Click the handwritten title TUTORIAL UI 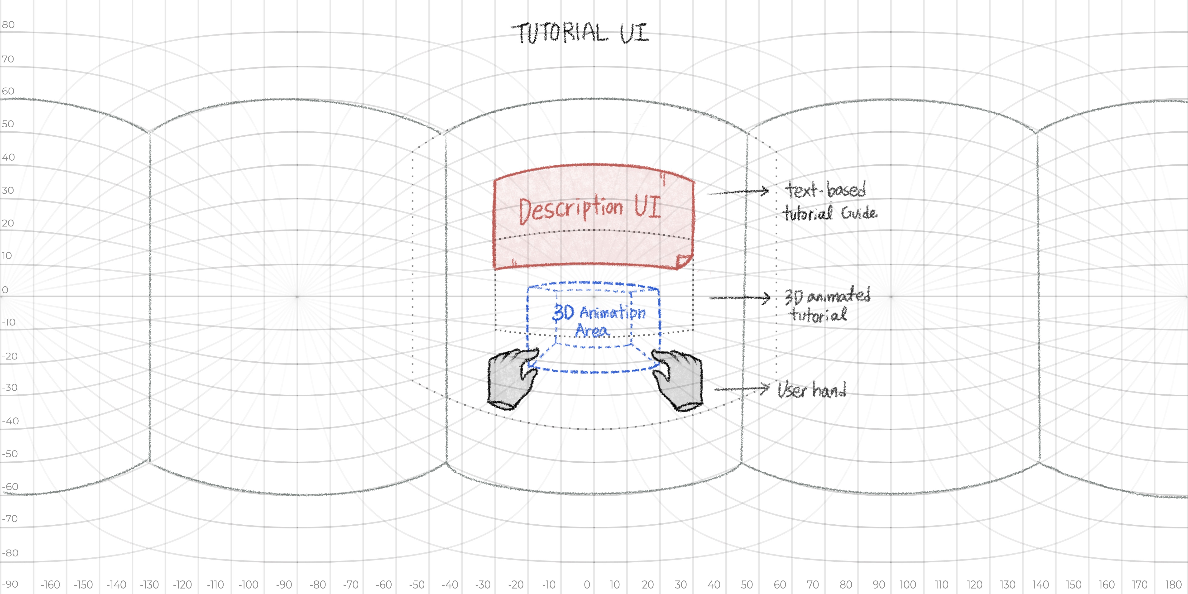pyautogui.click(x=580, y=33)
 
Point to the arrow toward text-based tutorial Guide pyautogui.click(x=738, y=192)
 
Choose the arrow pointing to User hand pyautogui.click(x=742, y=389)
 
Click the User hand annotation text pyautogui.click(x=812, y=390)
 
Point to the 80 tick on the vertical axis pyautogui.click(x=8, y=25)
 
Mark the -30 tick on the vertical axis pyautogui.click(x=10, y=387)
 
